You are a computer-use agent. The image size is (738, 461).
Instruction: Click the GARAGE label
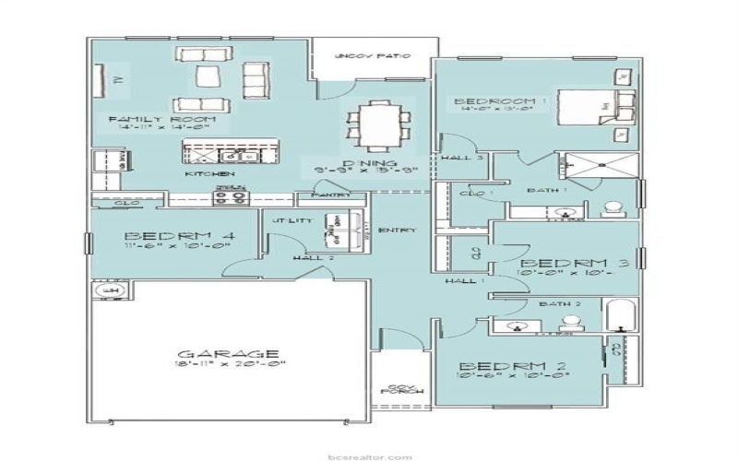click(x=228, y=353)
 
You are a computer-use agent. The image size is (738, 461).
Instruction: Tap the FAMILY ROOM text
click(x=161, y=120)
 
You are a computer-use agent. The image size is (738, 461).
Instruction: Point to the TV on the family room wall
click(x=117, y=80)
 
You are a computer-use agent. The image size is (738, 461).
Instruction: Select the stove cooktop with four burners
click(x=231, y=195)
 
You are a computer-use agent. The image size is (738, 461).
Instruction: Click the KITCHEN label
click(x=209, y=173)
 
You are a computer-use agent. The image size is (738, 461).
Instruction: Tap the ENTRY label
click(x=397, y=230)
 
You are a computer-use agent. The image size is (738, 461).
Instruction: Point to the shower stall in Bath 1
click(x=601, y=166)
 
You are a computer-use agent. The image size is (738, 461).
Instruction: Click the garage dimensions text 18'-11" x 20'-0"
click(x=228, y=365)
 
